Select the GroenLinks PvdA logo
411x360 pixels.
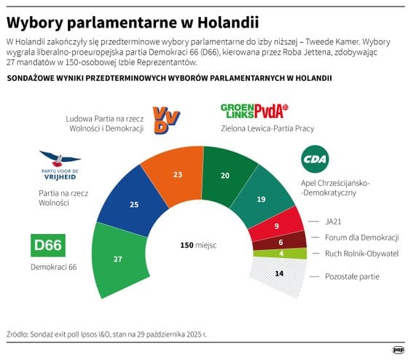(254, 111)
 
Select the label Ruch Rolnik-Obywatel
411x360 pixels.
(362, 254)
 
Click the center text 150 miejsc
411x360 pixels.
(199, 246)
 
